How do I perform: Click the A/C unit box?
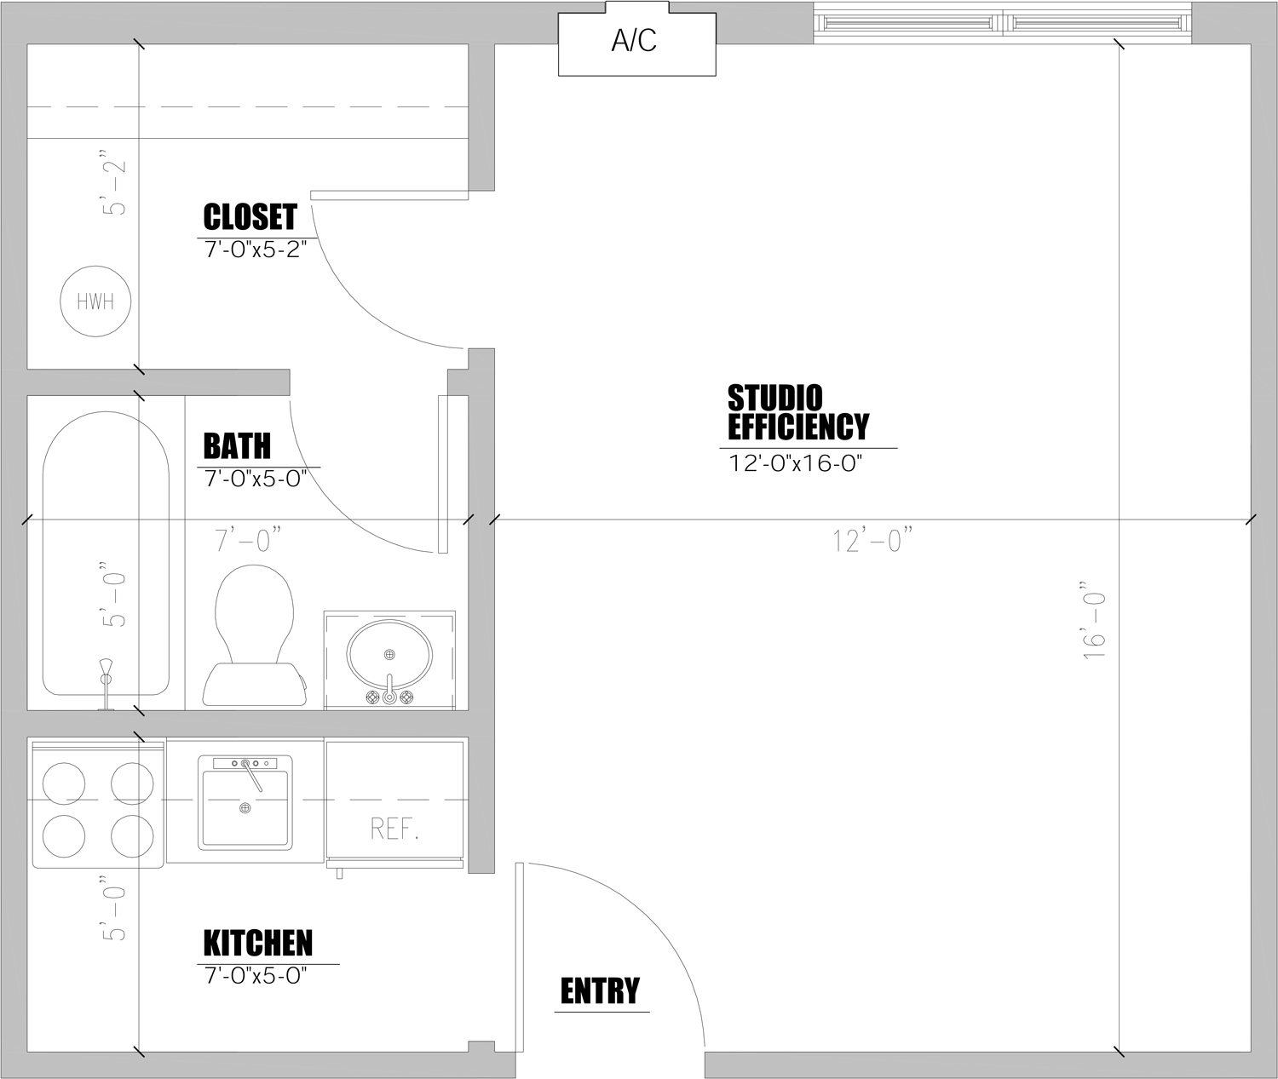(636, 39)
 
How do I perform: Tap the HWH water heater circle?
(95, 301)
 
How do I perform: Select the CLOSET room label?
(250, 216)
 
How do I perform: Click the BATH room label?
(237, 446)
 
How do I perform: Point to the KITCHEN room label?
(257, 943)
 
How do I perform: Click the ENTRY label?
(600, 991)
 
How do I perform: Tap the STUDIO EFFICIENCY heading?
(798, 412)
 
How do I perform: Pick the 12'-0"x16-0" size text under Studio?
(795, 463)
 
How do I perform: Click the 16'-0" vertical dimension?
(1093, 620)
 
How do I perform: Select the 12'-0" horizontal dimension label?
(872, 540)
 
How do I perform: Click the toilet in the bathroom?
(254, 635)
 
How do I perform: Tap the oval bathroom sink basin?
(389, 655)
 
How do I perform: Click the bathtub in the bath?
(106, 554)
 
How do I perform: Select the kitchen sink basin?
(245, 807)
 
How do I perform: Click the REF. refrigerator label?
(394, 829)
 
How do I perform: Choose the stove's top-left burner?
(64, 783)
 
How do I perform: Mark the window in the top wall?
(1003, 23)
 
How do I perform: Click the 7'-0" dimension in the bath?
(248, 540)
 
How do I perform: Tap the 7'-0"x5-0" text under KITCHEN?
(256, 976)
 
